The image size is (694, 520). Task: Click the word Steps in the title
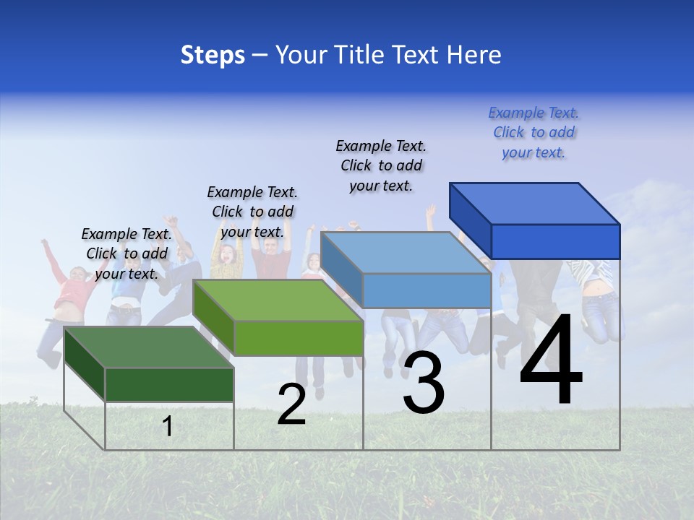213,55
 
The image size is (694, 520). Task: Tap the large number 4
551,361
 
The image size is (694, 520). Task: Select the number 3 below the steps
424,383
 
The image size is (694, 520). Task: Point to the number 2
291,404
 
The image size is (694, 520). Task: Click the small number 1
167,426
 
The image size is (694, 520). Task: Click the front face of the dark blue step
555,241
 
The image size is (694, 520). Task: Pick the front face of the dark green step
169,384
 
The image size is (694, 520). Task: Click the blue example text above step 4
534,132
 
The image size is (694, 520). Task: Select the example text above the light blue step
381,165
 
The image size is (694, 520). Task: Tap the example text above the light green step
252,212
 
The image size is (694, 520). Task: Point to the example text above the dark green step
127,253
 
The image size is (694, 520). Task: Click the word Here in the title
474,55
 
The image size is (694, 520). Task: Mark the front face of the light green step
298,338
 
